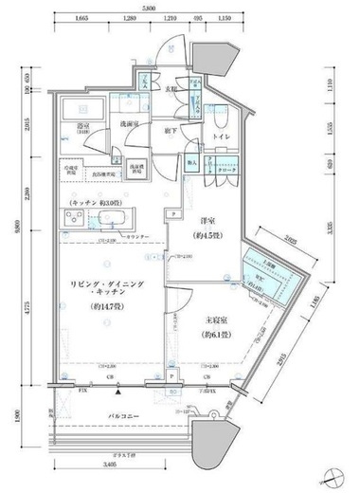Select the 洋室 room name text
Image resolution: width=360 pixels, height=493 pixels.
[x=206, y=218]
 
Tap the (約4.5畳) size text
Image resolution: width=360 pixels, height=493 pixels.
[x=206, y=232]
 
